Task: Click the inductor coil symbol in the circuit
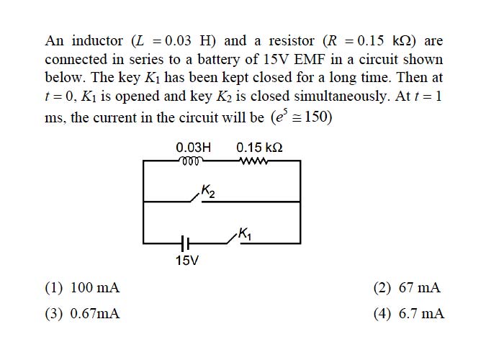point(191,161)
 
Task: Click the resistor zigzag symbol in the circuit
point(253,161)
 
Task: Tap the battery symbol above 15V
point(185,243)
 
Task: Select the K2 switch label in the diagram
point(208,192)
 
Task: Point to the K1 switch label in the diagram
point(245,233)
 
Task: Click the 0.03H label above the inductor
point(194,148)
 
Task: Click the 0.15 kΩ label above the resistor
point(259,148)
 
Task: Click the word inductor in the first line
point(97,41)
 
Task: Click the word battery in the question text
point(219,60)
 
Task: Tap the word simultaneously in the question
point(341,96)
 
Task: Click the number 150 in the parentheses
point(316,117)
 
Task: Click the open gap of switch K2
point(196,199)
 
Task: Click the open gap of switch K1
point(234,240)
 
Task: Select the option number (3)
point(54,314)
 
